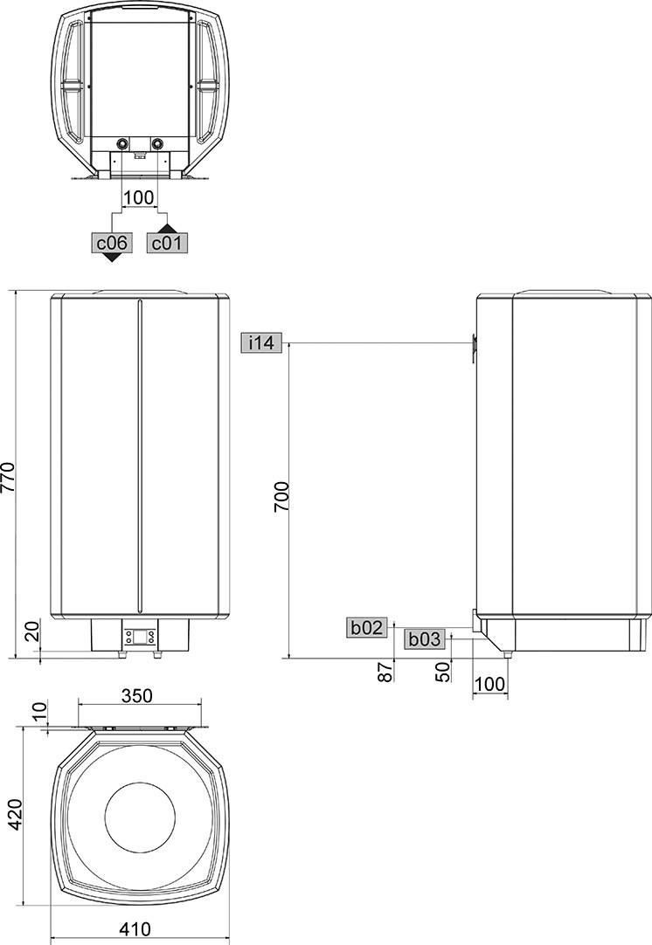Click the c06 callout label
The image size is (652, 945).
[x=111, y=243]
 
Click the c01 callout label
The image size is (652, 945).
[x=166, y=243]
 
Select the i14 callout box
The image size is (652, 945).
[x=260, y=343]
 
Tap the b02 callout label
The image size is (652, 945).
[x=367, y=626]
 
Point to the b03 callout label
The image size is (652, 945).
[x=425, y=639]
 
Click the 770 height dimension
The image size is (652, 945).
[x=10, y=476]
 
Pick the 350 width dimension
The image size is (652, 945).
[x=137, y=695]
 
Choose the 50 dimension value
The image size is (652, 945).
[x=442, y=672]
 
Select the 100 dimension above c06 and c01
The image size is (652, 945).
[x=138, y=197]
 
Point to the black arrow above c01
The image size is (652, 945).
[x=166, y=227]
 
